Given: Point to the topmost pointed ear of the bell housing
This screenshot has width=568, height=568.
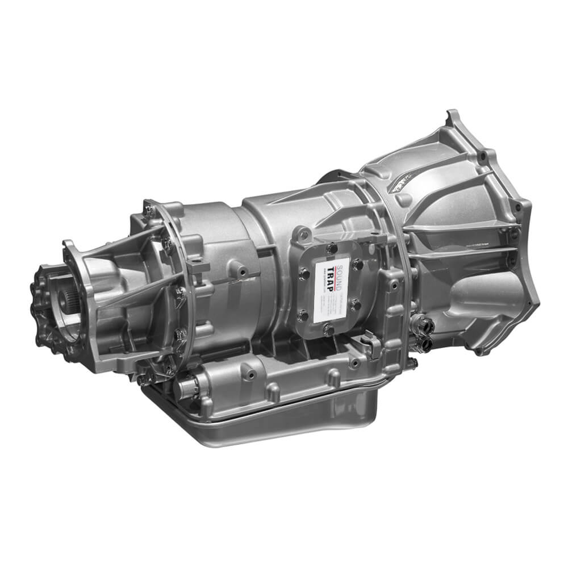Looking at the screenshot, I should point(453,116).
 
